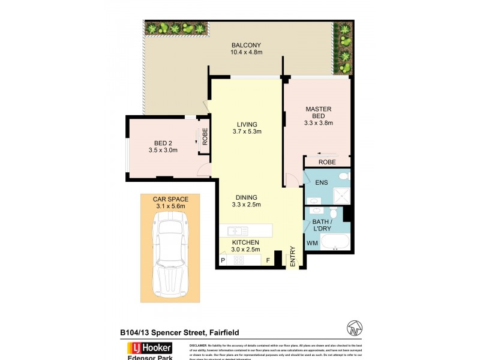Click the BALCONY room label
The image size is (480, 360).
coord(246,45)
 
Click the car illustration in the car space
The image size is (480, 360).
coord(170,255)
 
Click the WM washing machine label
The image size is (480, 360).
coord(312,243)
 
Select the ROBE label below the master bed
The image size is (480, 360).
coord(326,162)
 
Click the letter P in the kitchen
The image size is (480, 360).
coord(223,260)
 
